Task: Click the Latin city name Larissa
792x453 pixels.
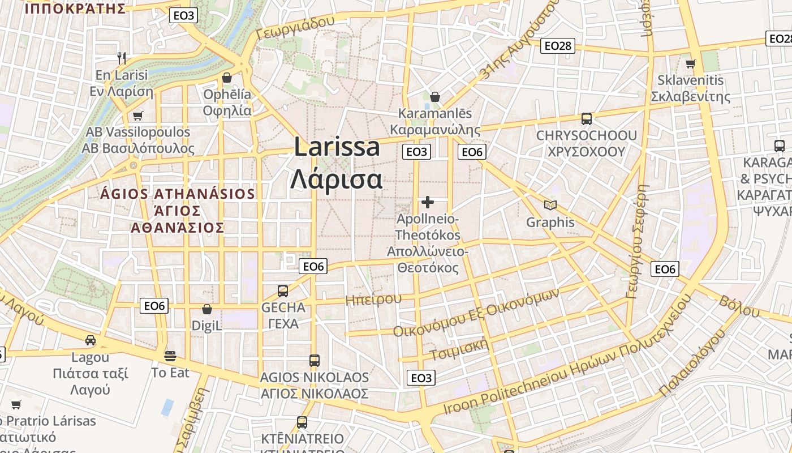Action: pos(337,147)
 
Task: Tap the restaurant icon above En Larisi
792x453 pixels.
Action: pos(121,58)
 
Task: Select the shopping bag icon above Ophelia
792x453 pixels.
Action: pos(227,77)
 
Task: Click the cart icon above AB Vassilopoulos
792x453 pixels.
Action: pos(137,116)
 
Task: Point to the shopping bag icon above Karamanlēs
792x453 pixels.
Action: pos(434,97)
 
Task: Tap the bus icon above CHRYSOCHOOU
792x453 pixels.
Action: pos(587,119)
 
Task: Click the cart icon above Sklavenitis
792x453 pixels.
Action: pos(690,63)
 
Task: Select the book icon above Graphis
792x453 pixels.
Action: pos(550,205)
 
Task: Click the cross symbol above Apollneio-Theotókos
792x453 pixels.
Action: pos(428,202)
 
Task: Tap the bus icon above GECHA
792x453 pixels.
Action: pos(283,291)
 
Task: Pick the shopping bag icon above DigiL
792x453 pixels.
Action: pos(206,309)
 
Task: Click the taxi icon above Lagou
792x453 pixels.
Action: pos(90,340)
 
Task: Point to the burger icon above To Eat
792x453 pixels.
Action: pos(170,356)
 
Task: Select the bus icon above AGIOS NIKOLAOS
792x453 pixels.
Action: pos(314,360)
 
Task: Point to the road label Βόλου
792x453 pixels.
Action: pos(739,306)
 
